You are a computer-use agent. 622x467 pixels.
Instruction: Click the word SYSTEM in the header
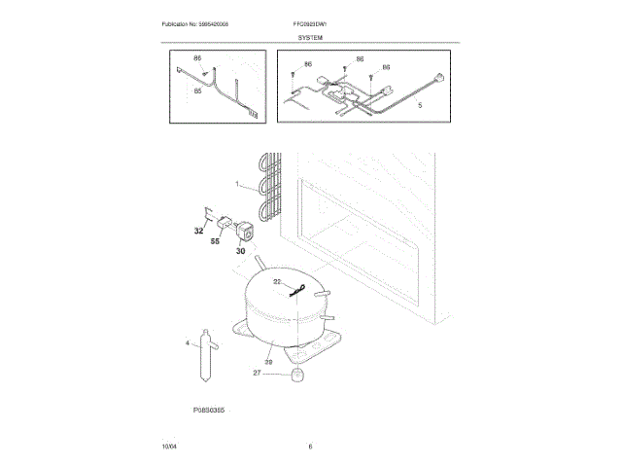[x=310, y=36]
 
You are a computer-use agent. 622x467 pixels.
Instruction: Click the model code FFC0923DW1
[x=311, y=23]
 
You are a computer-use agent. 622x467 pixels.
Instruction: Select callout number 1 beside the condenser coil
[x=236, y=184]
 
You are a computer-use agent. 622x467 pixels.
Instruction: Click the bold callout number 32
[x=198, y=232]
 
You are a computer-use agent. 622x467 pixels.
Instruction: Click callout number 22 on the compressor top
[x=276, y=282]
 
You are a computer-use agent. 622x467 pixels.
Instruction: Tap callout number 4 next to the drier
[x=188, y=342]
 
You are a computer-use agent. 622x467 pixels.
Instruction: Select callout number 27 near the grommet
[x=258, y=373]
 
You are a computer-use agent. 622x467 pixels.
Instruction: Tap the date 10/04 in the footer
[x=169, y=446]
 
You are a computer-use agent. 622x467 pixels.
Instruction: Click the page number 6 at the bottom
[x=310, y=446]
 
